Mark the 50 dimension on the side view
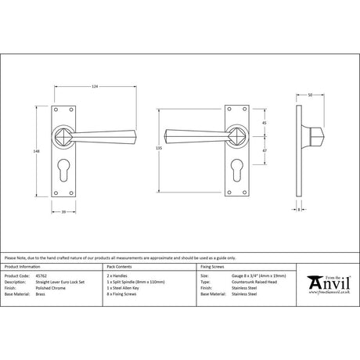coord(311,95)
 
